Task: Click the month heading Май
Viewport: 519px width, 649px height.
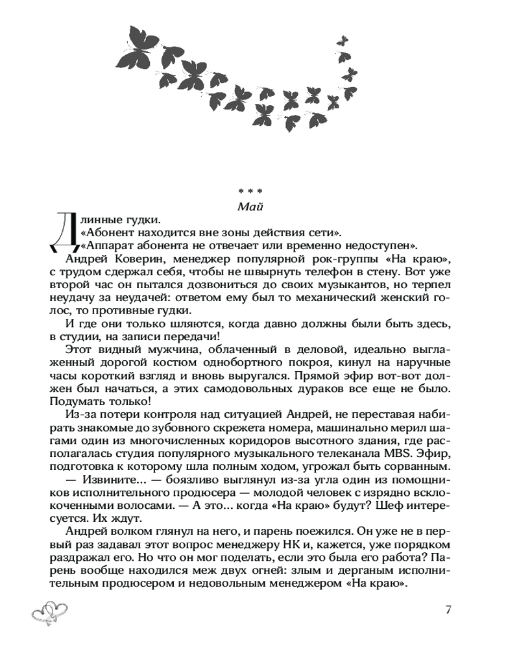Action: tap(250, 206)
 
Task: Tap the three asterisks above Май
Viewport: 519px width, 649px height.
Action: tap(250, 191)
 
